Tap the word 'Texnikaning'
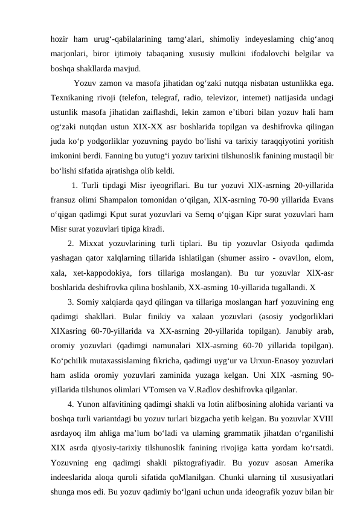74,98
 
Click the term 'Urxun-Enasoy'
274,359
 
